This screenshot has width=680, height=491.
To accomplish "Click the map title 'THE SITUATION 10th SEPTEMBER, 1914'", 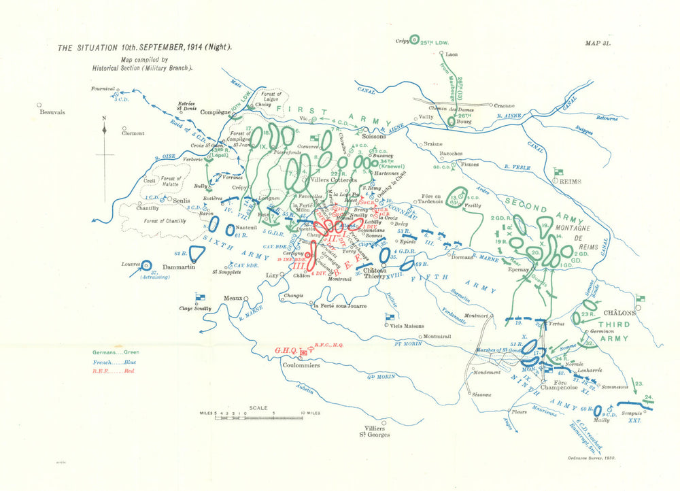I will click(144, 48).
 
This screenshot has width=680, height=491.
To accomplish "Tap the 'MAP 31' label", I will click(598, 43).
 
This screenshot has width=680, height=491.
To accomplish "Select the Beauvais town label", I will click(52, 113).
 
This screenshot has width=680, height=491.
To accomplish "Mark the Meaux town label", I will click(233, 298).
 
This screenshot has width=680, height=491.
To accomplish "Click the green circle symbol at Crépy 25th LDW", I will click(416, 41).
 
